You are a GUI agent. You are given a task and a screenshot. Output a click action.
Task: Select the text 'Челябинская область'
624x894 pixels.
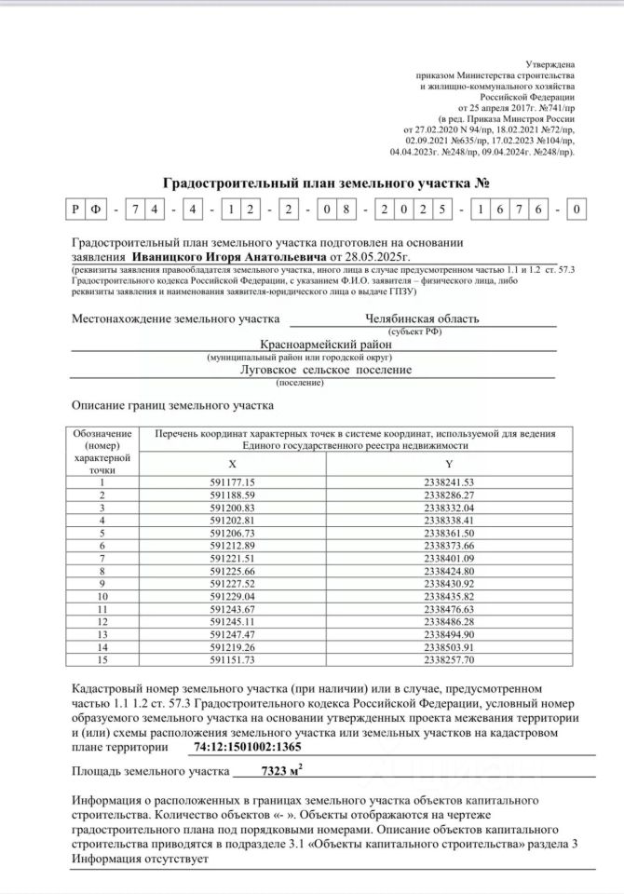[x=424, y=319]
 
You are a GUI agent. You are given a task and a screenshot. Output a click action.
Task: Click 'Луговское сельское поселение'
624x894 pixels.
[x=326, y=370]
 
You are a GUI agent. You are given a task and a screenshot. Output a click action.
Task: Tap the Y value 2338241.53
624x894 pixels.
[x=449, y=481]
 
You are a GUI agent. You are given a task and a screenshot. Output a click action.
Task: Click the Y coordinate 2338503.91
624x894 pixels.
[x=449, y=647]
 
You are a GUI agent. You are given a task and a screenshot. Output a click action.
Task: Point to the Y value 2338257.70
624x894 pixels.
[x=449, y=659]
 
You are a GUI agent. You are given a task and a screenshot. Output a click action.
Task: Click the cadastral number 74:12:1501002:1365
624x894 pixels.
[x=248, y=747]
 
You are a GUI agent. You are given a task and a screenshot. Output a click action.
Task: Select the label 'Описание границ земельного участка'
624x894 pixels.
[x=172, y=406]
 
